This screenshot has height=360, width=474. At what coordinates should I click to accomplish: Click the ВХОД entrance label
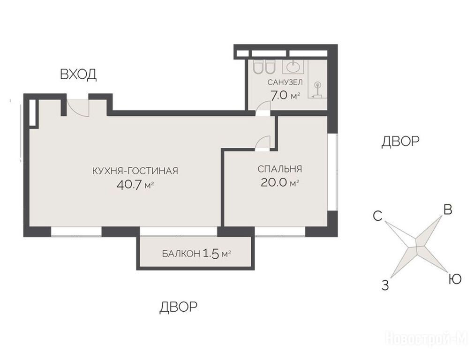coord(78,75)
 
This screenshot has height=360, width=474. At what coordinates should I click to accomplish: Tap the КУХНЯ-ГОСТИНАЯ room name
coord(135,171)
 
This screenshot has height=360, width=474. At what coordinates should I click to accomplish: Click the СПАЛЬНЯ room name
coord(279,169)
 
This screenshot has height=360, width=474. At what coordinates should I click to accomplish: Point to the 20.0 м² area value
coord(280,182)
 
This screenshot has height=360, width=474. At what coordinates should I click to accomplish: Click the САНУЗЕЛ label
coord(285,82)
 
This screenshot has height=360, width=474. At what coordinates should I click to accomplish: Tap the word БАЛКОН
coord(181,254)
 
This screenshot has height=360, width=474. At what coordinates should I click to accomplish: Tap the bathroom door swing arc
coord(263,105)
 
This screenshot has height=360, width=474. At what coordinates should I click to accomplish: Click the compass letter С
coord(378,216)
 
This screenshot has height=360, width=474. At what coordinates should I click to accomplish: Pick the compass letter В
coord(447,210)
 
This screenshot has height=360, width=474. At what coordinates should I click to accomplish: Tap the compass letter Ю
coord(455,279)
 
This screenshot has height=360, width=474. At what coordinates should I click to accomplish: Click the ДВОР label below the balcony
coord(178,307)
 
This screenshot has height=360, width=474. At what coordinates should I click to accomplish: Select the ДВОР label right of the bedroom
coord(400,141)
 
